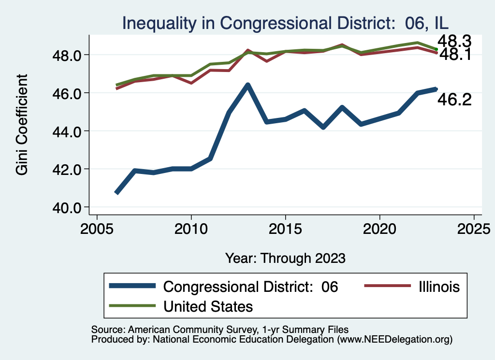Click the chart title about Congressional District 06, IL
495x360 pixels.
(286, 23)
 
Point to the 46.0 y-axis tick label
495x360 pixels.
(68, 93)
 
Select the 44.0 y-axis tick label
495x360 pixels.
(68, 131)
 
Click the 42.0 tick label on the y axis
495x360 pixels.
(68, 169)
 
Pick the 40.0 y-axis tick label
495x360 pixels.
(68, 207)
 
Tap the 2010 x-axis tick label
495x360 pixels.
(191, 228)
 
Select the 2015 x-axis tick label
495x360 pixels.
(286, 228)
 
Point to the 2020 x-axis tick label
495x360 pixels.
(380, 228)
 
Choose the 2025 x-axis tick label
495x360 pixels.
(474, 228)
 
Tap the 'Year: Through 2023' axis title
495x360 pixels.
(285, 258)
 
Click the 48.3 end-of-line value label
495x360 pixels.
(454, 42)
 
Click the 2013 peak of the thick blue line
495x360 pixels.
(248, 86)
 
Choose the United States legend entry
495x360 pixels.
(208, 306)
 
